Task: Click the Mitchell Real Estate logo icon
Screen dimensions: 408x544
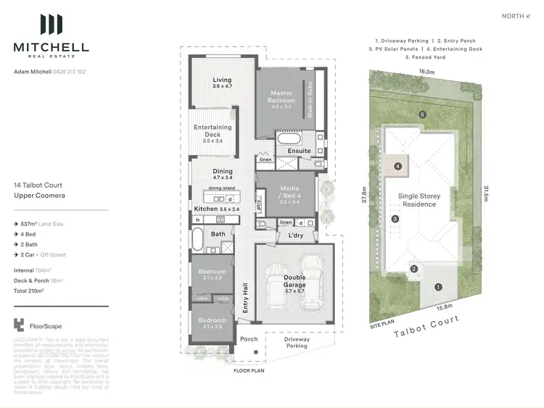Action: (51, 25)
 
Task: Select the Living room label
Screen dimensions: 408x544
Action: (222, 83)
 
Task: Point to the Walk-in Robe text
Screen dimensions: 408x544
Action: (310, 100)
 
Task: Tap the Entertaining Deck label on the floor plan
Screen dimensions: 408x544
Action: (213, 131)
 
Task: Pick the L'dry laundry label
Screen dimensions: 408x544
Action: (296, 236)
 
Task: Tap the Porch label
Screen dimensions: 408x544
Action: (249, 339)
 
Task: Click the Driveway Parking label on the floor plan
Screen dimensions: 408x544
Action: (297, 342)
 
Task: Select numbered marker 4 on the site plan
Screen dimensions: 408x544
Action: (397, 166)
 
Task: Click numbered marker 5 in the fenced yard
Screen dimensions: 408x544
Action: (421, 115)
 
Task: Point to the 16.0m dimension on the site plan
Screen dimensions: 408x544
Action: (426, 72)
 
